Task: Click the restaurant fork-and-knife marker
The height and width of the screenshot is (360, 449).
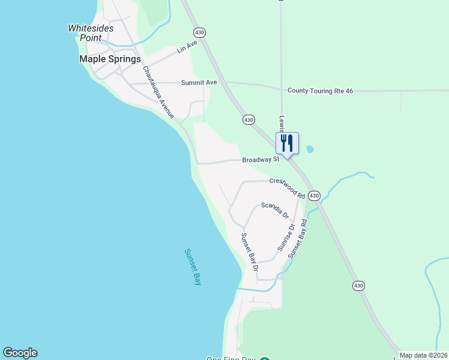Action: [287, 143]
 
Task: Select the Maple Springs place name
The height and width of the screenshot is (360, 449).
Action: [110, 59]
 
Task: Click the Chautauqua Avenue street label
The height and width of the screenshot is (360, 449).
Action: [158, 92]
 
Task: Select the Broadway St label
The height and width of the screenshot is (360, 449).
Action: [261, 160]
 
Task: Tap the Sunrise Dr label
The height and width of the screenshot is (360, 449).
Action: [286, 238]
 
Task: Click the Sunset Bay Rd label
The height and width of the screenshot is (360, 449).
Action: [298, 239]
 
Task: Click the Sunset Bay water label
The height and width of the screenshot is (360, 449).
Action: [191, 266]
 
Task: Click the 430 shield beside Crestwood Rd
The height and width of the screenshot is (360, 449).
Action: [315, 196]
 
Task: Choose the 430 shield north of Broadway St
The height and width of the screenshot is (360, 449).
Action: [249, 119]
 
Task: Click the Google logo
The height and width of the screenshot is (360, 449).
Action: [20, 353]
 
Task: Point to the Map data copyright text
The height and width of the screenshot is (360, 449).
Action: [423, 356]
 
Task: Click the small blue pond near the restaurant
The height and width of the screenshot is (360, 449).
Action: [310, 149]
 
